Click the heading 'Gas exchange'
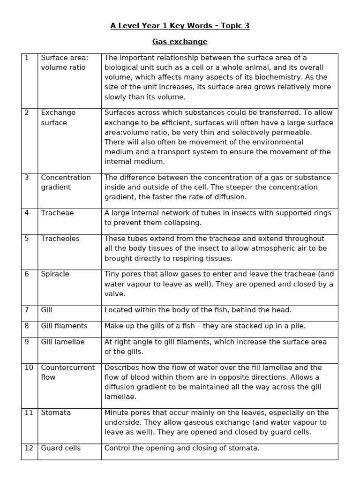point(180,42)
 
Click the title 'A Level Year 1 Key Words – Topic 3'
point(180,26)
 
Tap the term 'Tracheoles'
point(60,239)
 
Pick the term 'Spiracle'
point(55,274)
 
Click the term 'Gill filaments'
point(64,326)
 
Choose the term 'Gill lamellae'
point(63,342)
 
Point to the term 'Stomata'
point(56,412)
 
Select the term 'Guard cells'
point(60,448)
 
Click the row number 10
point(29,367)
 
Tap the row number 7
point(27,310)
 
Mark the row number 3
point(27,177)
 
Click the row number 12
point(29,448)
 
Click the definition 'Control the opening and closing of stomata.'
point(181,448)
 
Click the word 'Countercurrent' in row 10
point(67,367)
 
